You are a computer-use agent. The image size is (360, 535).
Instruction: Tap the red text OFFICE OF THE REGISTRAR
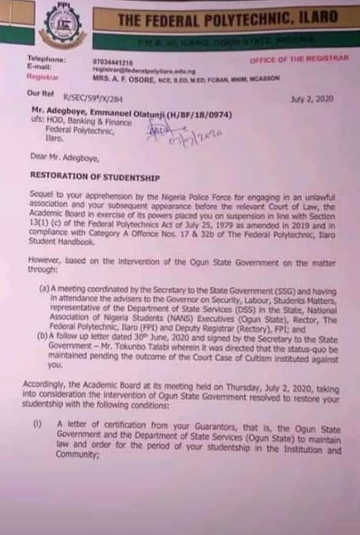point(299,60)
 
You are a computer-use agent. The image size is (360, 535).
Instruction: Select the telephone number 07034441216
point(112,61)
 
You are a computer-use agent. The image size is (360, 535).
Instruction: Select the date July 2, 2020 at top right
point(312,99)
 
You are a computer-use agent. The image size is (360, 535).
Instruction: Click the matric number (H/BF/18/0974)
point(200,115)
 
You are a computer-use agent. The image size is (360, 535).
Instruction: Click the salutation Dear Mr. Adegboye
point(64,157)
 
